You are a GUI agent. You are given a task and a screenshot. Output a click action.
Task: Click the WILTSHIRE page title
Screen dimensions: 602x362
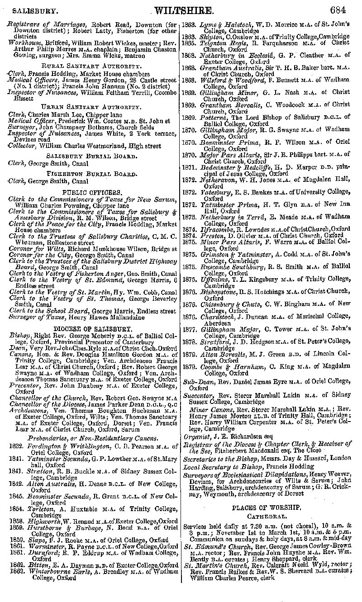pos(185,10)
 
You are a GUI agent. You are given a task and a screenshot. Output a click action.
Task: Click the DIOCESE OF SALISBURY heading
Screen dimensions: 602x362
pos(92,329)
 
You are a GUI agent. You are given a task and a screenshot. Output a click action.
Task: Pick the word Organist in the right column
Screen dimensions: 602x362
pos(195,437)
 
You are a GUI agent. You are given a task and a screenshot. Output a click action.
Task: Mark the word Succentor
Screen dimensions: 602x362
pos(198,395)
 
